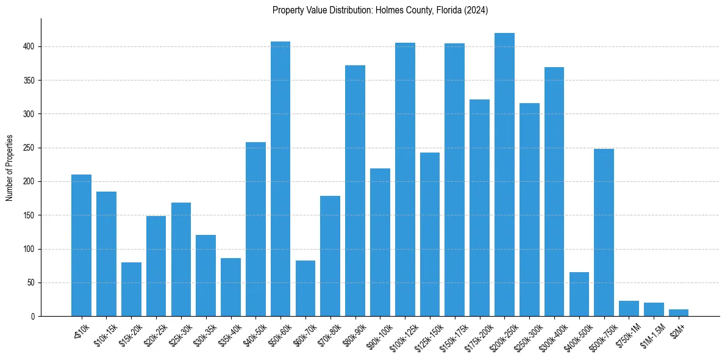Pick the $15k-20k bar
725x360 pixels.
click(131, 289)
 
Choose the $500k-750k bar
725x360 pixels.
click(604, 232)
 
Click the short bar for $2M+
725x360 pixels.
click(679, 313)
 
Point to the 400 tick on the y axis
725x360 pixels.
click(30, 46)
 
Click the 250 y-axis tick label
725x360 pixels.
click(30, 148)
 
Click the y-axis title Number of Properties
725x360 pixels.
click(9, 168)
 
